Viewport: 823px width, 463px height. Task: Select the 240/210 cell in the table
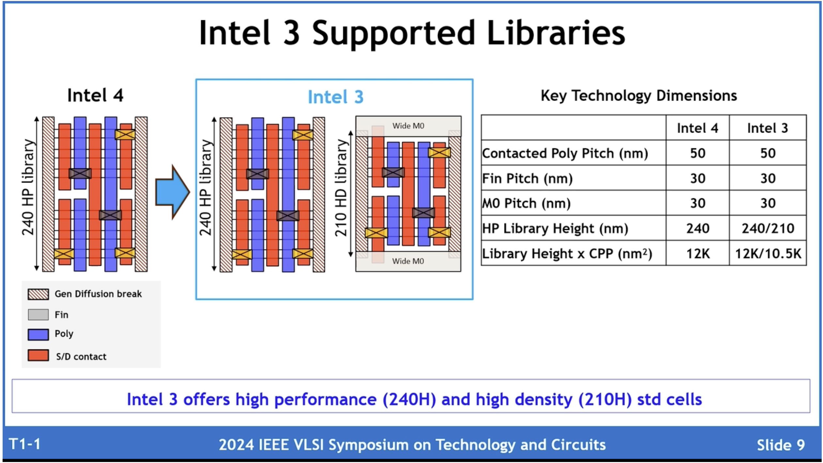[x=768, y=228]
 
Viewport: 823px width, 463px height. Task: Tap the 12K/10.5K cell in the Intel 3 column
[x=768, y=253]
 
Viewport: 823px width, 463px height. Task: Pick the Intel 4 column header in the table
[x=697, y=128]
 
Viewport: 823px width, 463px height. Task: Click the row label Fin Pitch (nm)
[x=527, y=179]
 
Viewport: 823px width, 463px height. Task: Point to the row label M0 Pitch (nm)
[x=526, y=203]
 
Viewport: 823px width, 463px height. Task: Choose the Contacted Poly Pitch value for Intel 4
[x=697, y=153]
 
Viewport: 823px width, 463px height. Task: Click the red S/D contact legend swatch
[x=38, y=356]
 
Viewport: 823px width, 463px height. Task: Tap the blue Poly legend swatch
[x=38, y=334]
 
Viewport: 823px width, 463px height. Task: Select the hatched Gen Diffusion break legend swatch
[x=38, y=294]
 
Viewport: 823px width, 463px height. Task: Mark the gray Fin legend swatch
[x=38, y=314]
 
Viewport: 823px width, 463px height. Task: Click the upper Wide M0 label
[x=408, y=126]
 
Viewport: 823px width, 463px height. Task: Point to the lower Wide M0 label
[x=408, y=261]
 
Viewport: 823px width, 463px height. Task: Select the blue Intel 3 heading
[x=335, y=97]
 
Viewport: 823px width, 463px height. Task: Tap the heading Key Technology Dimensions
[x=639, y=96]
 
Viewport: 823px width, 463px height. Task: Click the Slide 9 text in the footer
[x=781, y=445]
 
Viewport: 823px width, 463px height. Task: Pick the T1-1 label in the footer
[x=25, y=444]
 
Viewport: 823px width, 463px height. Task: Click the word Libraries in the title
[x=556, y=33]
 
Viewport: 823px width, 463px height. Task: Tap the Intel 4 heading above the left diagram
[x=95, y=95]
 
